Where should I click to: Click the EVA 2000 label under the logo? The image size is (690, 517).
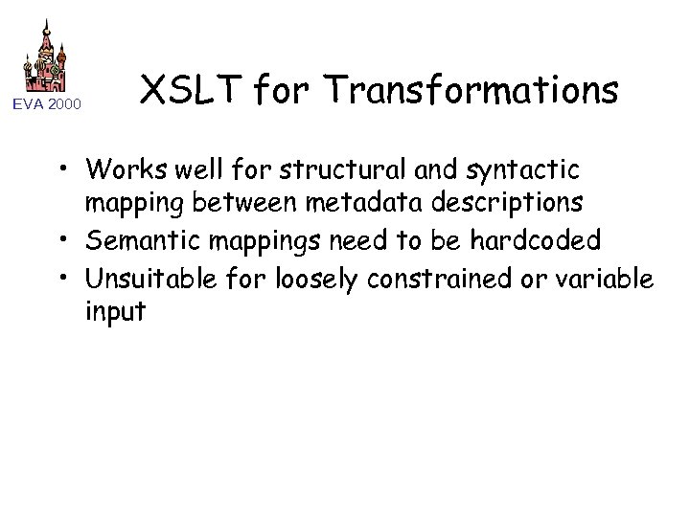click(x=46, y=103)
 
